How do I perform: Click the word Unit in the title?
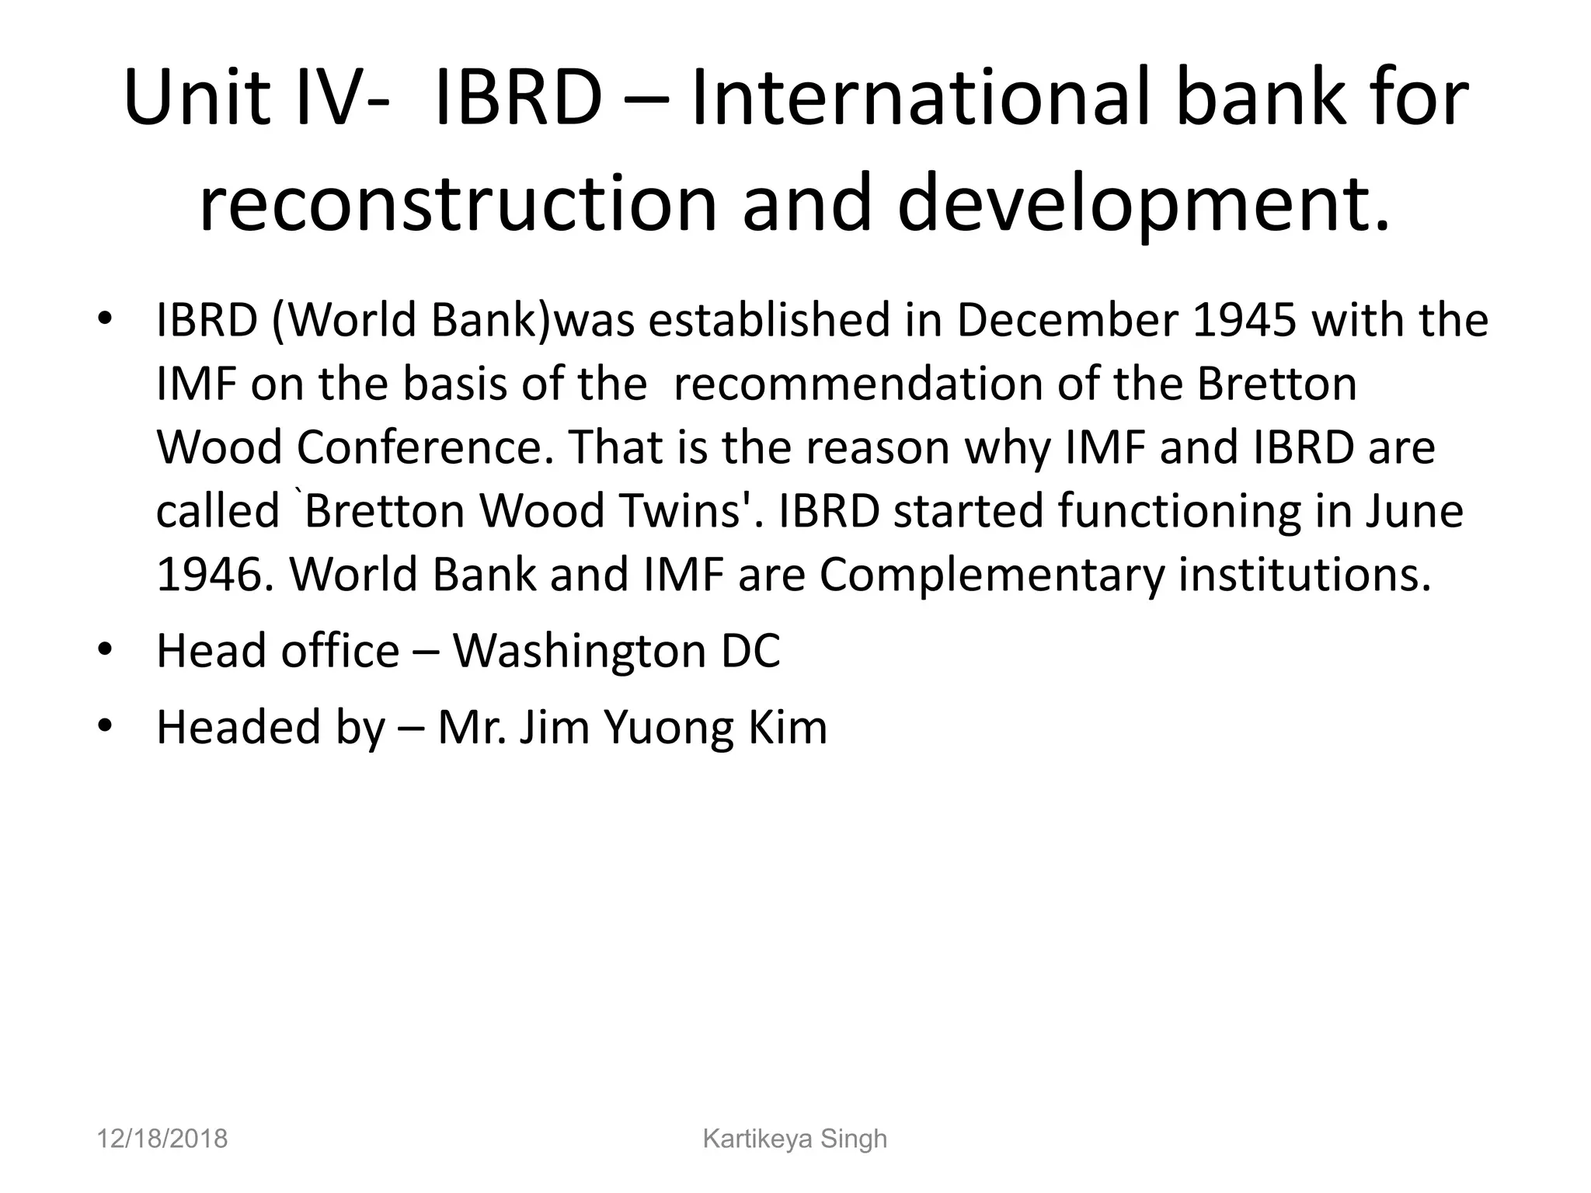click(x=197, y=99)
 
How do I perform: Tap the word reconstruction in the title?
click(x=458, y=203)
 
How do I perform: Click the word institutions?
click(x=1305, y=575)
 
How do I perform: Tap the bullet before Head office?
click(x=106, y=649)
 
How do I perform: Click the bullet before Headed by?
click(x=106, y=725)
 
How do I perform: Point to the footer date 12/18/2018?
click(x=162, y=1139)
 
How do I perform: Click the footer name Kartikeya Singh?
click(x=795, y=1139)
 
